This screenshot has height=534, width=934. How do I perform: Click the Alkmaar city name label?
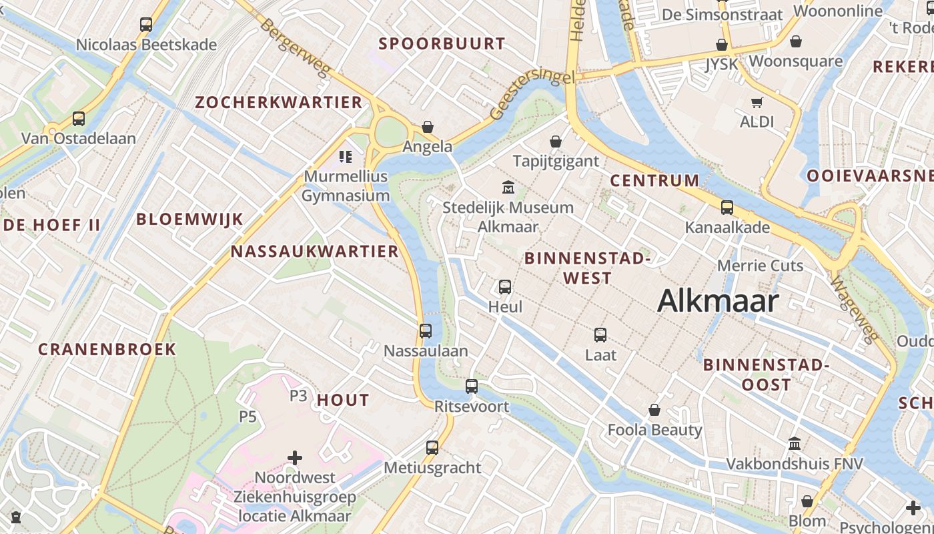click(x=718, y=301)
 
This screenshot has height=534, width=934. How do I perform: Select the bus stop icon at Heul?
click(x=505, y=287)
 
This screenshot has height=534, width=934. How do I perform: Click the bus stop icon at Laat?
click(x=600, y=335)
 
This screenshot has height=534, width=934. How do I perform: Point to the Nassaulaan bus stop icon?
click(x=426, y=330)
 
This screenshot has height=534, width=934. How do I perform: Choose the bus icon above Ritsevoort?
click(x=472, y=386)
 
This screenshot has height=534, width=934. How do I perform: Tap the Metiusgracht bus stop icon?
click(x=432, y=447)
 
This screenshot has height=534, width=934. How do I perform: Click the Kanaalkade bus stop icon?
click(x=727, y=208)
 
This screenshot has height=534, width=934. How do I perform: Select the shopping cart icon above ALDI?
click(x=757, y=102)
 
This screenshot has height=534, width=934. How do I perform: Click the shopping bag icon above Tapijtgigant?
click(x=555, y=142)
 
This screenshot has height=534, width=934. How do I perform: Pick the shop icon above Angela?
click(x=428, y=127)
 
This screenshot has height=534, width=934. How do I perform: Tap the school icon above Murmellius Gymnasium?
click(x=345, y=157)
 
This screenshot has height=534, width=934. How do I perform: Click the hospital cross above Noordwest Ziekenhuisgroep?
click(x=295, y=458)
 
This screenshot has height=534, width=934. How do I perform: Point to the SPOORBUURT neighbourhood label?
click(x=442, y=44)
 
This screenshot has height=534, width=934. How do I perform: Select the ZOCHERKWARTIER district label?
click(x=278, y=102)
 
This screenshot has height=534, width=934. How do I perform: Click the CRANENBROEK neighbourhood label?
click(x=107, y=349)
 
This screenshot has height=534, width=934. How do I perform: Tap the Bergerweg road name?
click(x=294, y=47)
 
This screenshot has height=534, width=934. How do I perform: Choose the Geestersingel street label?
click(x=532, y=95)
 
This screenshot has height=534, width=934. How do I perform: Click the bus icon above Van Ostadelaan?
click(x=79, y=119)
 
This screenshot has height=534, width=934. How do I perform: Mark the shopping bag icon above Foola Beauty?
click(x=654, y=410)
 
